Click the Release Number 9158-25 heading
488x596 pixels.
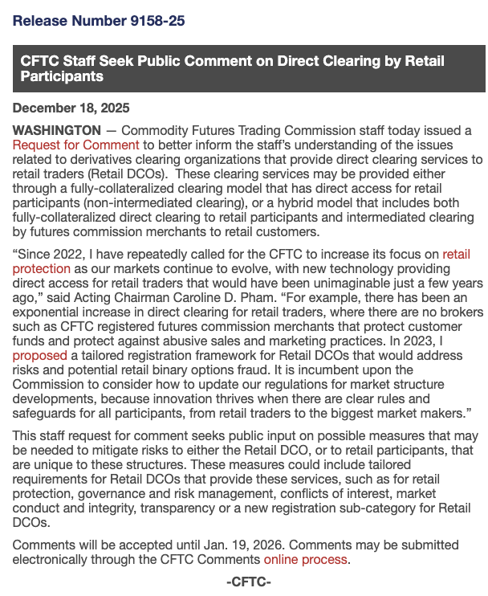[99, 21]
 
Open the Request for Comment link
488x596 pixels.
[76, 145]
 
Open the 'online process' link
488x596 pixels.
[306, 559]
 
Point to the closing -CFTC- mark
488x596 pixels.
[249, 582]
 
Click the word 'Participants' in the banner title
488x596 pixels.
[62, 77]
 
